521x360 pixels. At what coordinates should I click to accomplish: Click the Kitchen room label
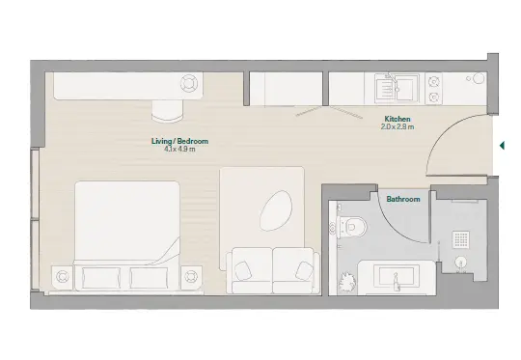click(x=398, y=119)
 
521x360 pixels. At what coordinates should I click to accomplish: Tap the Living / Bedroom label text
click(x=179, y=141)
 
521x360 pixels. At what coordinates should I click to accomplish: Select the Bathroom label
click(x=403, y=199)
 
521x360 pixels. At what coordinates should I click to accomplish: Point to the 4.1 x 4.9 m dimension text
click(x=179, y=149)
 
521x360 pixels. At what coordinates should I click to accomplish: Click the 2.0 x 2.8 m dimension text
click(x=398, y=126)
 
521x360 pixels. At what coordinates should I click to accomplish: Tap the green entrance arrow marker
click(x=502, y=146)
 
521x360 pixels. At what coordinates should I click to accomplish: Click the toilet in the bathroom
click(x=349, y=227)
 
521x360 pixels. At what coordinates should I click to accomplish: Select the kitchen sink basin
click(x=397, y=89)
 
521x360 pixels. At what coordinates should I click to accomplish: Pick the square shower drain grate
click(x=461, y=239)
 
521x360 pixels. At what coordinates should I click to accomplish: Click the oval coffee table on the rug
click(x=276, y=210)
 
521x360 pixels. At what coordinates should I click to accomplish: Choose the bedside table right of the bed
click(x=191, y=277)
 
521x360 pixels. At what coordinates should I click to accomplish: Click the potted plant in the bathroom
click(x=346, y=283)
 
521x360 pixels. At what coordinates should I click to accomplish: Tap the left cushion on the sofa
click(x=243, y=269)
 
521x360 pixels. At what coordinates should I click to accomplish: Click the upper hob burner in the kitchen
click(x=433, y=82)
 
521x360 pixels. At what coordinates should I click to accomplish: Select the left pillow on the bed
click(x=101, y=278)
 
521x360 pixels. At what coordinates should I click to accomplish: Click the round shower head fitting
click(x=460, y=263)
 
